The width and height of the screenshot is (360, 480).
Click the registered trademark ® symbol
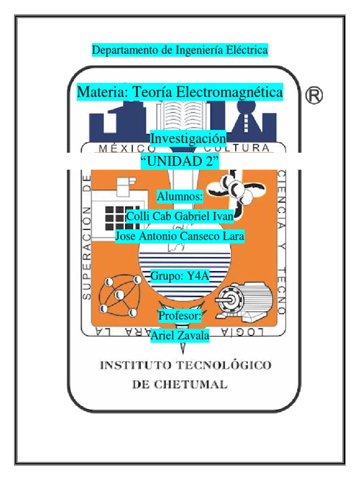click(x=315, y=96)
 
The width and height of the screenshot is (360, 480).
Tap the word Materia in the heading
click(x=99, y=91)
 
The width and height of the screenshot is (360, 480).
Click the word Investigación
click(x=187, y=138)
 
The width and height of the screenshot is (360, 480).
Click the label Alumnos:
click(x=180, y=196)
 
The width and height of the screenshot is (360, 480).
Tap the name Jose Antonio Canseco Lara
click(x=180, y=236)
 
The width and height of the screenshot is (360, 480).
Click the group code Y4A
click(x=197, y=276)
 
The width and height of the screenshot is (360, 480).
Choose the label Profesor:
click(x=180, y=315)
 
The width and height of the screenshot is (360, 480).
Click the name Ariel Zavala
click(x=180, y=335)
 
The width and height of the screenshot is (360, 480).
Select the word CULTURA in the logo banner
click(x=243, y=149)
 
